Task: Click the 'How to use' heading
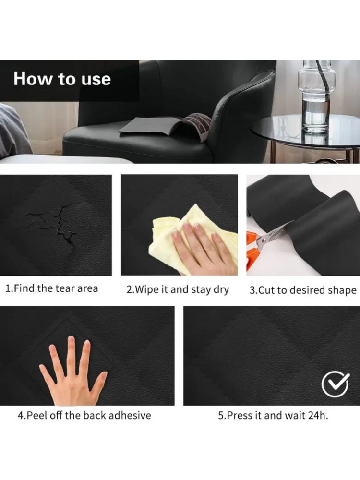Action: click(62, 79)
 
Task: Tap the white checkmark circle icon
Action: click(335, 384)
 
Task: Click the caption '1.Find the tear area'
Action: click(52, 288)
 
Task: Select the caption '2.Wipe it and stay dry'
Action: click(178, 289)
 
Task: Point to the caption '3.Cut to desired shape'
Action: click(303, 290)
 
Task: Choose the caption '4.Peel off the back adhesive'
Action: click(84, 415)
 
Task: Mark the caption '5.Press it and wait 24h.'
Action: click(273, 415)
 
